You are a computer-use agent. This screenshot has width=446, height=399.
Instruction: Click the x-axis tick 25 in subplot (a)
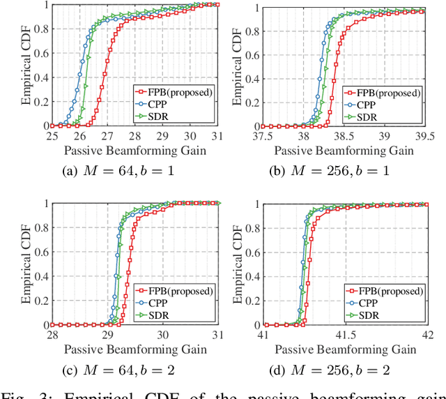[x=52, y=137]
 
